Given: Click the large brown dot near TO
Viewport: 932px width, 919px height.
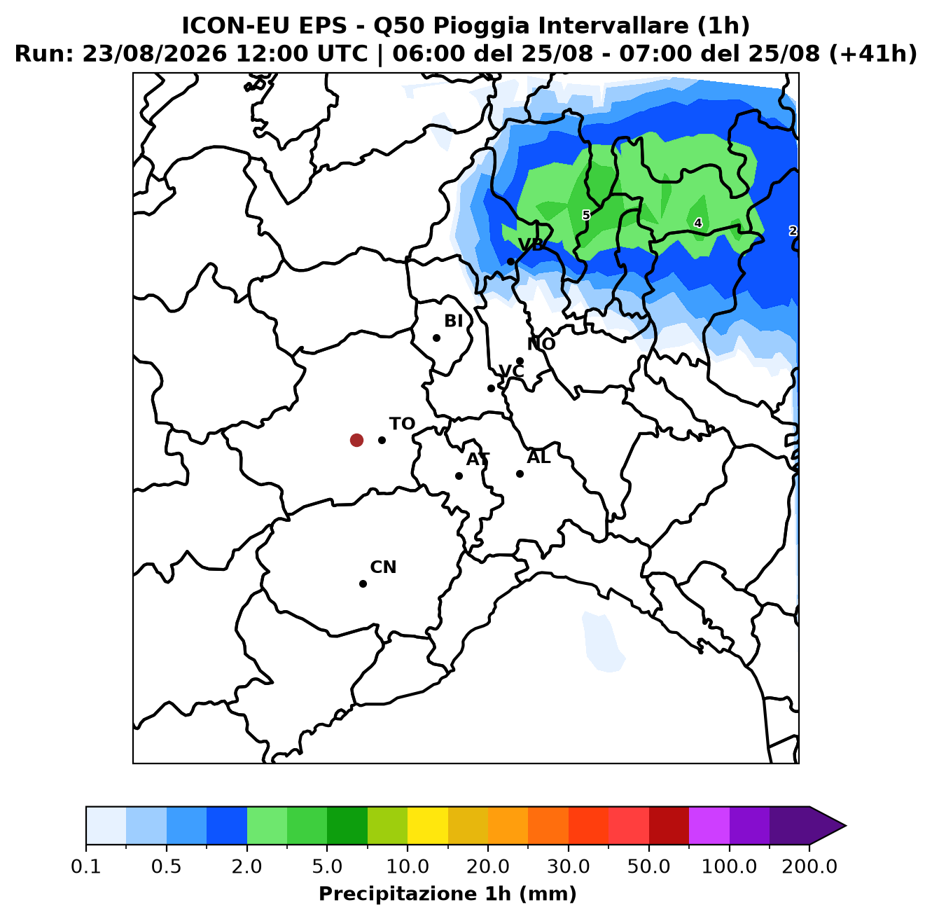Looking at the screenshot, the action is [x=356, y=440].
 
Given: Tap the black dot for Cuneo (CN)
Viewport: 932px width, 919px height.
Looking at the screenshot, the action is [x=363, y=583].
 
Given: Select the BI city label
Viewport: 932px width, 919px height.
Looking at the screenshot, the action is [x=453, y=321].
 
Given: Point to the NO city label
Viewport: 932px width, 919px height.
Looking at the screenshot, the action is [x=541, y=344].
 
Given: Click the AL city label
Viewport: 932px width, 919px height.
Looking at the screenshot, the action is [x=538, y=457].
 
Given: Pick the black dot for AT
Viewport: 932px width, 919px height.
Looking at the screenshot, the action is [x=459, y=476].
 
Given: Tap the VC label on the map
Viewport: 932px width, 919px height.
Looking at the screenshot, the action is [x=511, y=371].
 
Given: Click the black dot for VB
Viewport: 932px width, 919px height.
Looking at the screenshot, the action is [x=510, y=262].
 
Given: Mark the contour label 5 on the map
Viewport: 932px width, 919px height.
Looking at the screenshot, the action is [x=586, y=215].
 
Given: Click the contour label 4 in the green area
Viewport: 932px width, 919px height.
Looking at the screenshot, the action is [x=698, y=223].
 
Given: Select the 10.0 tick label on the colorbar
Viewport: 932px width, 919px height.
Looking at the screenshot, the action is [x=408, y=866].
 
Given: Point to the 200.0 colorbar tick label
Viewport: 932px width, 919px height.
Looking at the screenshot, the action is [x=809, y=866].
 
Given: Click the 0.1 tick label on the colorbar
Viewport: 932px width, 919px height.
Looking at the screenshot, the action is [x=86, y=866].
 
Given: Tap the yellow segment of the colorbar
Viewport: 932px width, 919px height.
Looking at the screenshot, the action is [x=428, y=826].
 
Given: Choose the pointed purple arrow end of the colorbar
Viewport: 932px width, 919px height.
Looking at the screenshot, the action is [x=828, y=826].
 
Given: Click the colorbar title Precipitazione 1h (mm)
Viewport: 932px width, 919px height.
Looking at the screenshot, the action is [x=447, y=893].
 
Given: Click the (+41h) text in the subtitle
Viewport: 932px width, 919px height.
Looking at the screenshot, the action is [x=873, y=53].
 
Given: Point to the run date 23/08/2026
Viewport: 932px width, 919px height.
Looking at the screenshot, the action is [x=154, y=53].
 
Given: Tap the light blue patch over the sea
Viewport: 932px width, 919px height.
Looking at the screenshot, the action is [x=604, y=642].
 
